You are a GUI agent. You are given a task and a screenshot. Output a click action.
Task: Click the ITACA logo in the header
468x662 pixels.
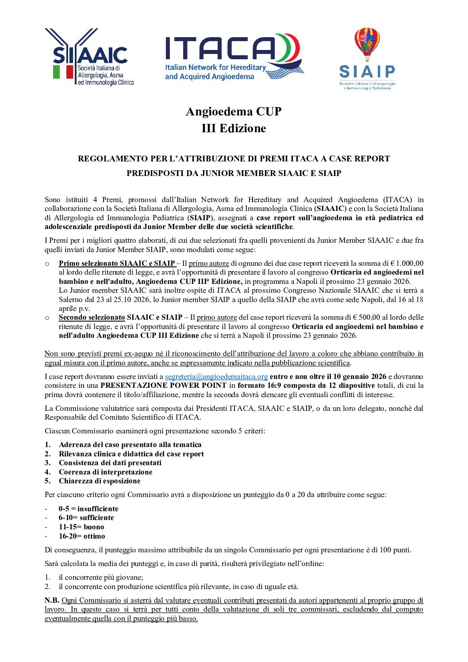(x=234, y=57)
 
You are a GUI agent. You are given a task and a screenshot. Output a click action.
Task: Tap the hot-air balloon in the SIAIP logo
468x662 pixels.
(x=367, y=43)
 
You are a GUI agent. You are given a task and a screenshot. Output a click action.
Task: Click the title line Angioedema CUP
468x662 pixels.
(x=234, y=111)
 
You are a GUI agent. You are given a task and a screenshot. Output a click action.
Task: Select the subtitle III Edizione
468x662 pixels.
(x=234, y=128)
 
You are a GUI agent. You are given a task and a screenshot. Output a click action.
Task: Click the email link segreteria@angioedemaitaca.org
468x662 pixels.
(x=216, y=377)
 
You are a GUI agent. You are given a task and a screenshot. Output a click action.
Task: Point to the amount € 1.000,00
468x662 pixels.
(x=407, y=263)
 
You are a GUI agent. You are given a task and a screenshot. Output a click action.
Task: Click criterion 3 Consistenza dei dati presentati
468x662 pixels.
(x=110, y=463)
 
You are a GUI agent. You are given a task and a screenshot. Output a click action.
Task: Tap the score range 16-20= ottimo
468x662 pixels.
(x=82, y=536)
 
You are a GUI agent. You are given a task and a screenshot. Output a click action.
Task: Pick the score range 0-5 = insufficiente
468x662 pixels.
(x=88, y=509)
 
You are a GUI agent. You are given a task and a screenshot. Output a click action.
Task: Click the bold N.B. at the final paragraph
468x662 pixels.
(x=52, y=601)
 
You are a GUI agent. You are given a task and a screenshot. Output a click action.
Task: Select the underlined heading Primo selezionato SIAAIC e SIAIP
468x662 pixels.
(x=117, y=263)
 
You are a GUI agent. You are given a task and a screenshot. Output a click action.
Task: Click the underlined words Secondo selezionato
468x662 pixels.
(x=92, y=317)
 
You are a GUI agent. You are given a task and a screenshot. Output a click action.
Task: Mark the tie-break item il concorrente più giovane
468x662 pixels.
(x=101, y=578)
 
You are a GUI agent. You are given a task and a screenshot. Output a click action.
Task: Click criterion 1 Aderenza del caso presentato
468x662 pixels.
(x=130, y=445)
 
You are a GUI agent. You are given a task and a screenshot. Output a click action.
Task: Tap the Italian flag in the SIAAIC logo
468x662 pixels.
(x=63, y=72)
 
